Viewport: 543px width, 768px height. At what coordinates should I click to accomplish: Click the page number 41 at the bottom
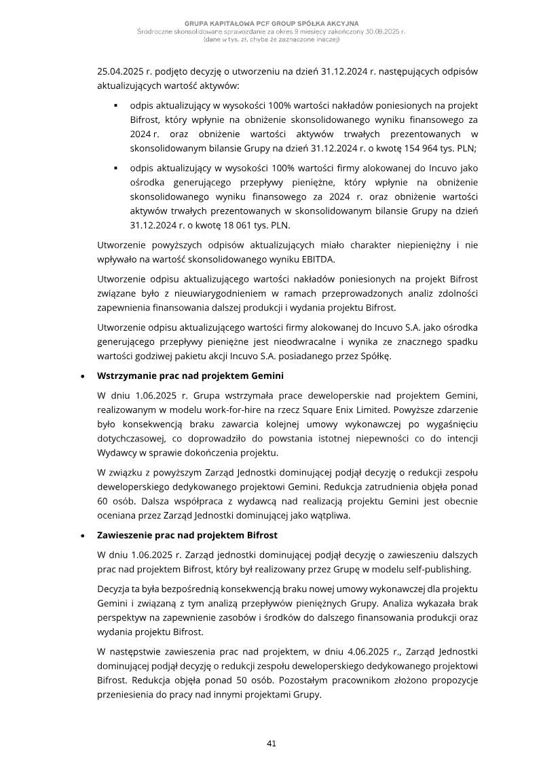(271, 744)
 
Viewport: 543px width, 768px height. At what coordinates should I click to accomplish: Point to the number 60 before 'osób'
(105, 501)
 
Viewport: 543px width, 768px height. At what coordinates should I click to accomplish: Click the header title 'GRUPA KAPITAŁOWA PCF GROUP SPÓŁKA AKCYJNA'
(271, 24)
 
